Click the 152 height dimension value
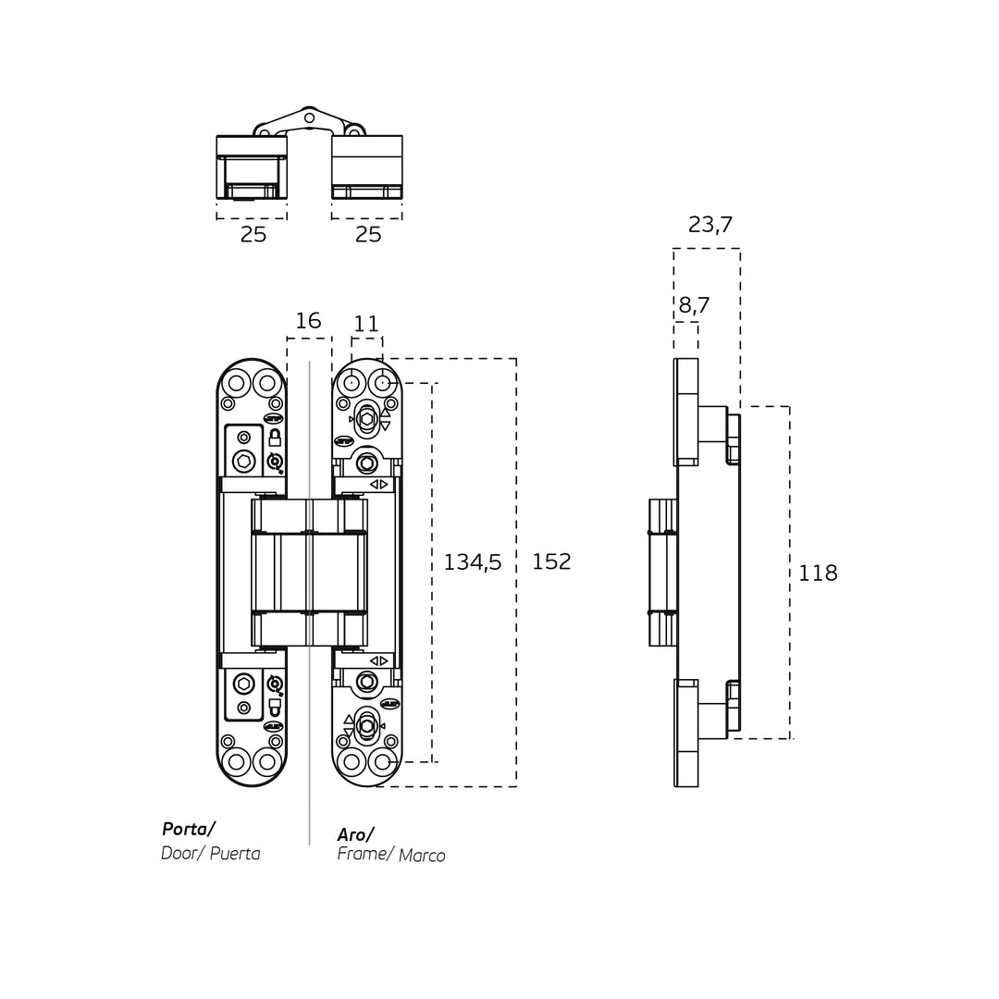tap(551, 561)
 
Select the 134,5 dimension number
tap(473, 561)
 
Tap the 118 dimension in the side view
tap(818, 573)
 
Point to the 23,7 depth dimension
tap(710, 225)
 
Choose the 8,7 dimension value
tap(694, 305)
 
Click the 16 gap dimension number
tap(308, 321)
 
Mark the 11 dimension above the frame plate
tap(366, 324)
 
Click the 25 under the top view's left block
tap(253, 235)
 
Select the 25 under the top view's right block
tap(368, 235)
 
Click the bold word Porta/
tap(188, 829)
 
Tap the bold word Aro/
tap(356, 834)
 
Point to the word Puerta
tap(235, 853)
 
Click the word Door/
tap(180, 853)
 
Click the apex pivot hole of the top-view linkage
tap(310, 117)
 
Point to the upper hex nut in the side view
tap(733, 439)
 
